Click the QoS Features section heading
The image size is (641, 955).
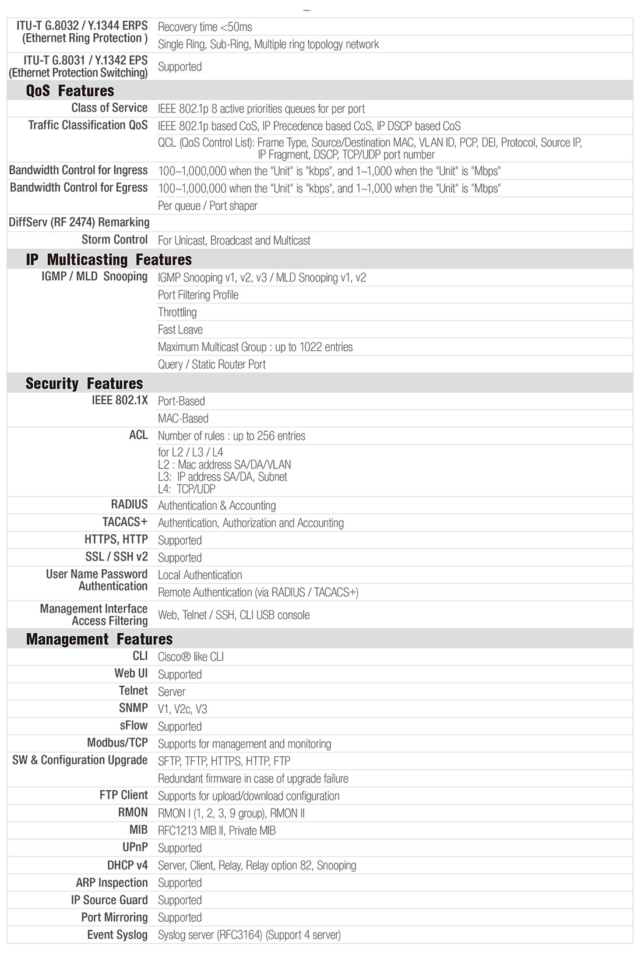coord(70,91)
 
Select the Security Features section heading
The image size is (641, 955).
coord(84,383)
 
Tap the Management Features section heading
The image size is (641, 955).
coord(99,639)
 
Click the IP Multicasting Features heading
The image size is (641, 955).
coord(108,259)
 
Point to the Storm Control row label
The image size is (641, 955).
coord(114,239)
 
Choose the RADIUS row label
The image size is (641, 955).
coord(129,505)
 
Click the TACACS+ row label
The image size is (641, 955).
coord(125,522)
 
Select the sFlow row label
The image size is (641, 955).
coord(133,725)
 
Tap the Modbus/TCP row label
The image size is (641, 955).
coord(117,743)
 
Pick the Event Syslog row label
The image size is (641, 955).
coord(117,935)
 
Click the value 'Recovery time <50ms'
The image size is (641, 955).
coord(205,27)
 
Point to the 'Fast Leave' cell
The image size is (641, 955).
coord(180,330)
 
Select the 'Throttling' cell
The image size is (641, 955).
coord(177,312)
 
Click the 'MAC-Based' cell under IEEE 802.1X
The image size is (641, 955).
coord(183,418)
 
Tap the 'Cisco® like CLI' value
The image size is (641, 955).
coord(191,657)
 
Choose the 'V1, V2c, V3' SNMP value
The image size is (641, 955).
coord(182,709)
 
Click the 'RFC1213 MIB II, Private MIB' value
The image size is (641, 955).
coord(217,830)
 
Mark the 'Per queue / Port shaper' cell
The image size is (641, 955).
coord(207,206)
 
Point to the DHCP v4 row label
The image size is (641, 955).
coord(127,865)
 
